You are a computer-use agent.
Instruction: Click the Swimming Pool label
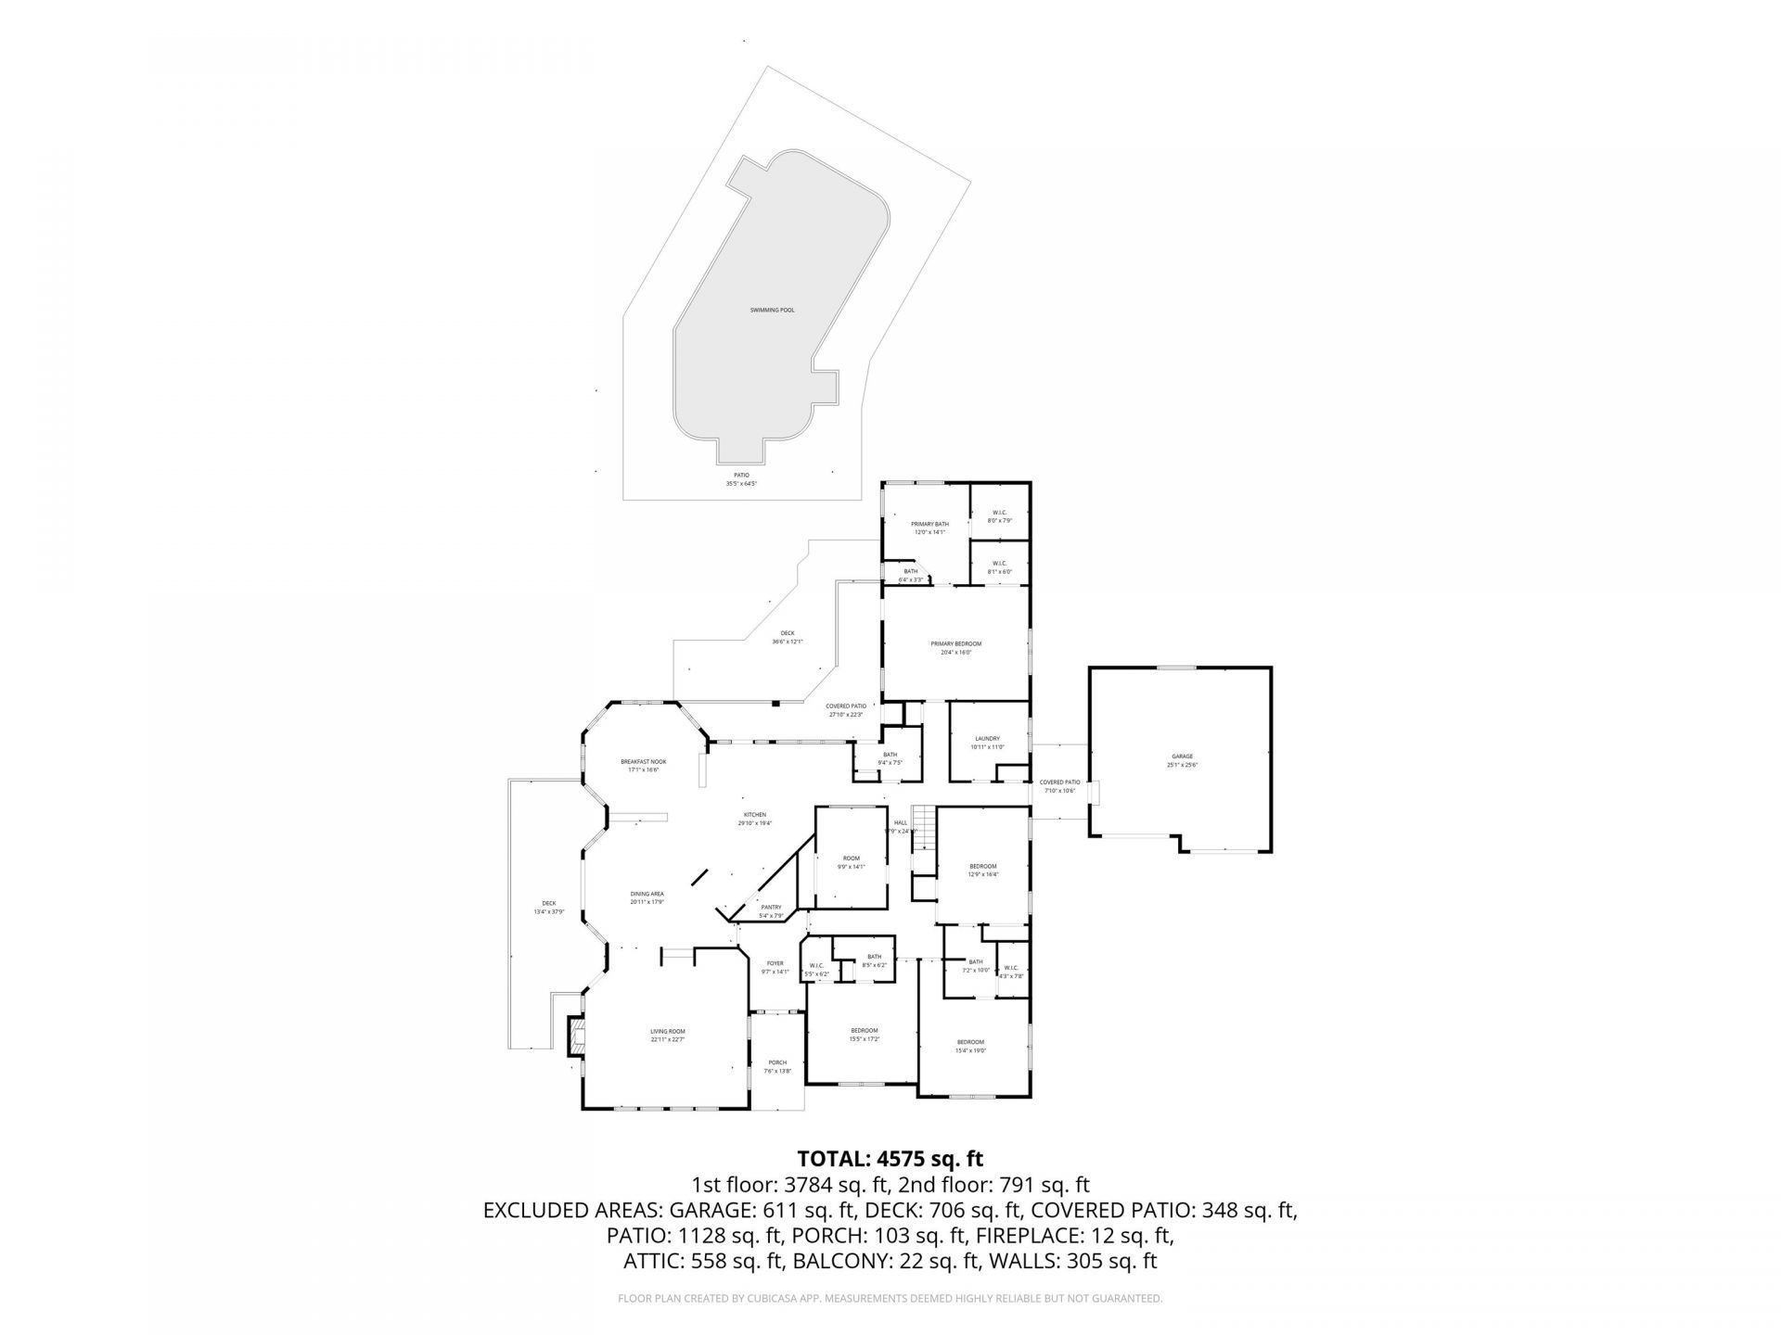click(772, 311)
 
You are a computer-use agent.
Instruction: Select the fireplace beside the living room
click(576, 1036)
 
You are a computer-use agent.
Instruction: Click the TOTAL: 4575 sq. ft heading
click(890, 1159)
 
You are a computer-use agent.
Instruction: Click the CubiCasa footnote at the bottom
click(890, 1299)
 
